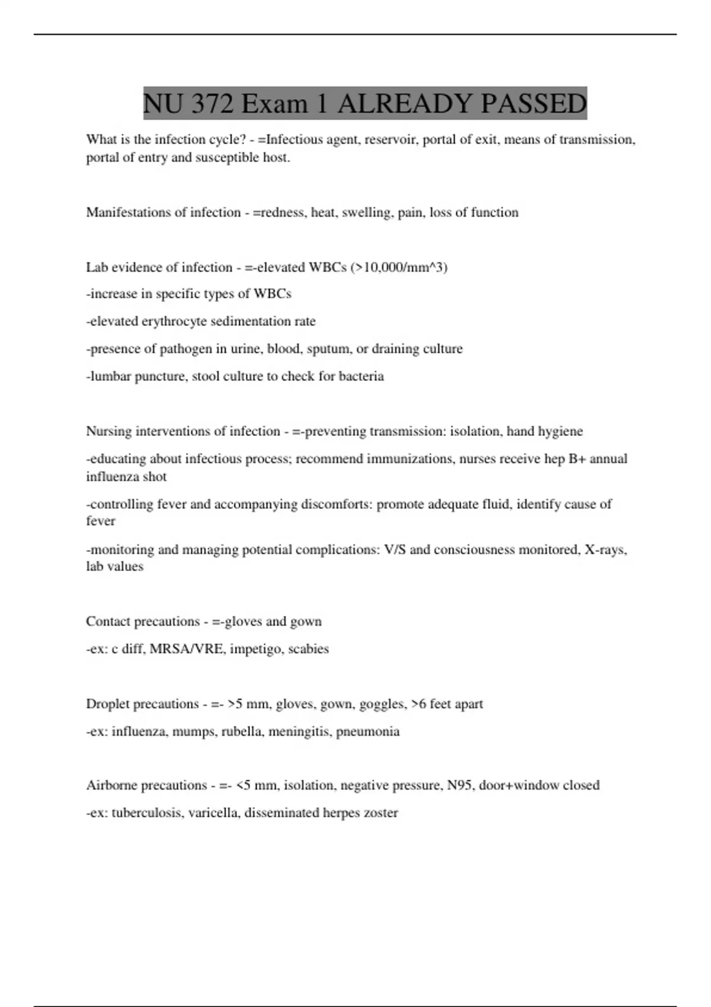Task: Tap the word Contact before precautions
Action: coord(108,622)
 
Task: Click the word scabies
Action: coord(308,649)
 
